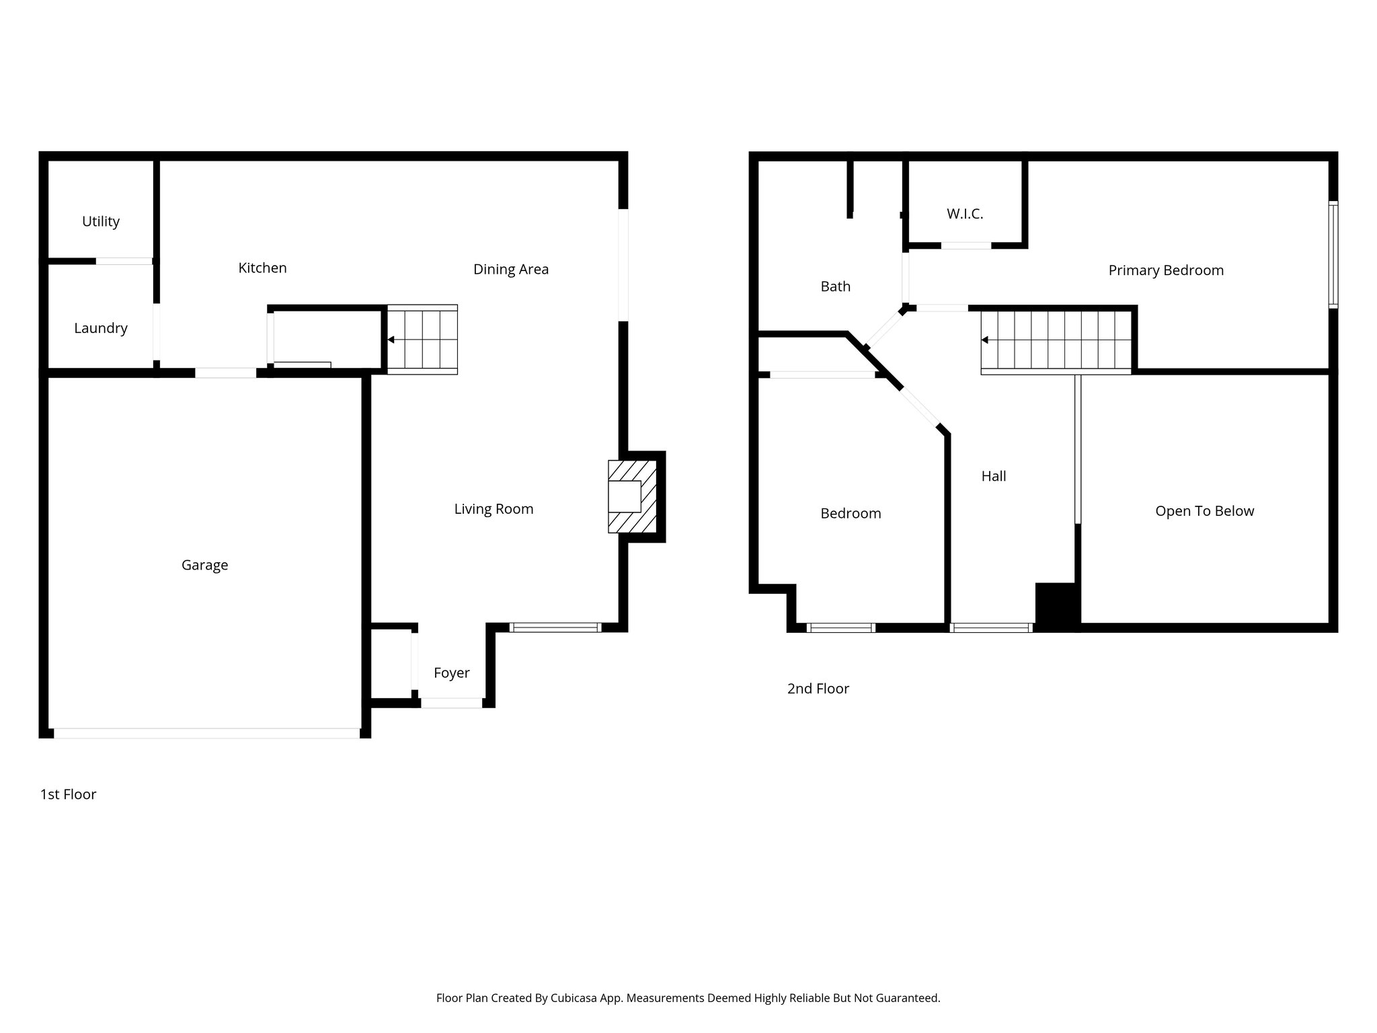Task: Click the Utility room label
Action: [x=101, y=221]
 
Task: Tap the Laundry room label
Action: [x=101, y=328]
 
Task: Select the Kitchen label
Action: [x=262, y=268]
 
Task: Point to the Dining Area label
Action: [x=510, y=269]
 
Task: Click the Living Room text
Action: [x=494, y=509]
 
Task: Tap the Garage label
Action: [x=204, y=565]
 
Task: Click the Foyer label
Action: [x=451, y=673]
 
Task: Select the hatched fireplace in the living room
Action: [x=632, y=496]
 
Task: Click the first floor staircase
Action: [x=422, y=340]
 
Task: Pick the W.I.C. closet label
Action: [x=965, y=214]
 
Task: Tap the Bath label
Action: [x=835, y=286]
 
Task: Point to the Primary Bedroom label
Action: [x=1166, y=270]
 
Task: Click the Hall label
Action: [x=993, y=476]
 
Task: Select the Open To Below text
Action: [x=1204, y=511]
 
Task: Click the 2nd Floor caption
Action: [x=818, y=689]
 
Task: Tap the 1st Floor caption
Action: [x=68, y=794]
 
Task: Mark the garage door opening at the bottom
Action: [x=206, y=733]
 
